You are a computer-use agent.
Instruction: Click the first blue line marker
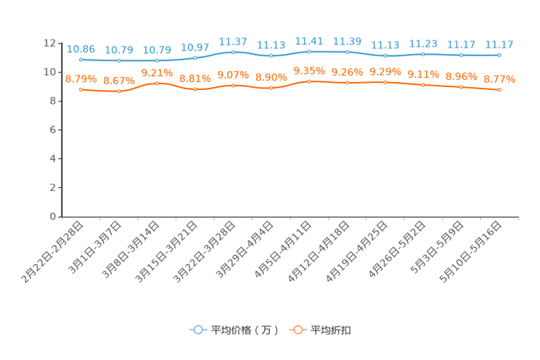pos(81,60)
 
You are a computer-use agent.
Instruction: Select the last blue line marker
pos(499,54)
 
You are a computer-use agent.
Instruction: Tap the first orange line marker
pos(81,89)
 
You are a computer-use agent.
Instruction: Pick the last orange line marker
pos(499,89)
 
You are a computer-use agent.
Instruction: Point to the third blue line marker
pos(157,60)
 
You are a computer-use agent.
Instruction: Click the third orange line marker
pos(157,83)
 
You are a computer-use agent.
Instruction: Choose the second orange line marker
pos(119,91)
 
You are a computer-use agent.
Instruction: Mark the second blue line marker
pos(119,61)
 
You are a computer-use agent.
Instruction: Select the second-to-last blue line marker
pos(462,54)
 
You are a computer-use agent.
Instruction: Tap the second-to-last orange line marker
pos(462,86)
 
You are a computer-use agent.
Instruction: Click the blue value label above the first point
pos(81,49)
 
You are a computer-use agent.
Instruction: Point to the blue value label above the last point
pos(499,44)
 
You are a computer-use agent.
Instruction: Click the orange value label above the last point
pos(499,78)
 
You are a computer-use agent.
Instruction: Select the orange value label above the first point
pos(81,78)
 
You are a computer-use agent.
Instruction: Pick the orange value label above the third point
pos(157,73)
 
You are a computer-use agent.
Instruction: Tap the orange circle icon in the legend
pos(297,330)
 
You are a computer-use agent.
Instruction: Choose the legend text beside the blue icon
pos(244,330)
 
